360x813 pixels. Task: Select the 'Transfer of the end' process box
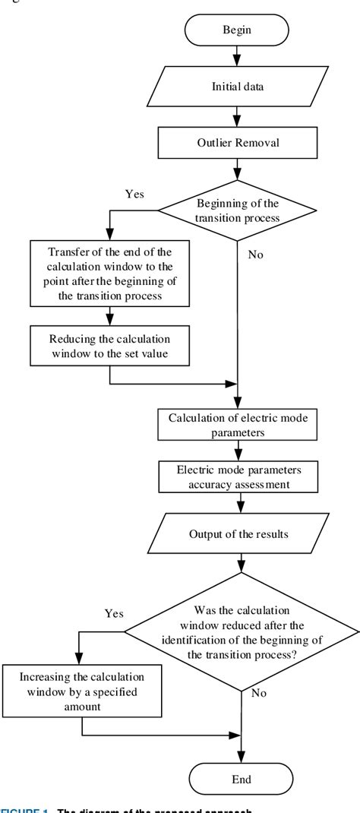coord(111,271)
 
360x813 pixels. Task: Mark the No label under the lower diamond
coord(258,694)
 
